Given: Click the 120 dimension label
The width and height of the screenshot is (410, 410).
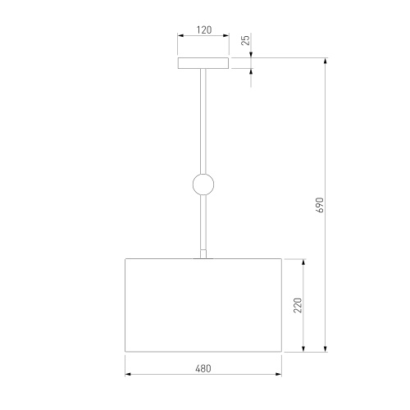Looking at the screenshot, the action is (x=204, y=30).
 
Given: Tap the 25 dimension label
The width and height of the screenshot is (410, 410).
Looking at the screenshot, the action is (x=246, y=40).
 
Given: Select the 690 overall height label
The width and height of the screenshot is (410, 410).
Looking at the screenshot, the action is (x=319, y=205).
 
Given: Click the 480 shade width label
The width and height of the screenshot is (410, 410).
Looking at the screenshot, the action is (x=203, y=368).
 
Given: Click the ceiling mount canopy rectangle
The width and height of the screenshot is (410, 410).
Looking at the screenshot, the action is (x=203, y=63).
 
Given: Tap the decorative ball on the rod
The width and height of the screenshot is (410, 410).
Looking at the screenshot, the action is (x=203, y=184).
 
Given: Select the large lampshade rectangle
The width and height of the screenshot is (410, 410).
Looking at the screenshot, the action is (x=203, y=305).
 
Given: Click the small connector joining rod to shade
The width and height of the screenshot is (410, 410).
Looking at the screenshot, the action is (x=203, y=253).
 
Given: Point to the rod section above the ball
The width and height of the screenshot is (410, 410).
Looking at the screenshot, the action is (x=203, y=121).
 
